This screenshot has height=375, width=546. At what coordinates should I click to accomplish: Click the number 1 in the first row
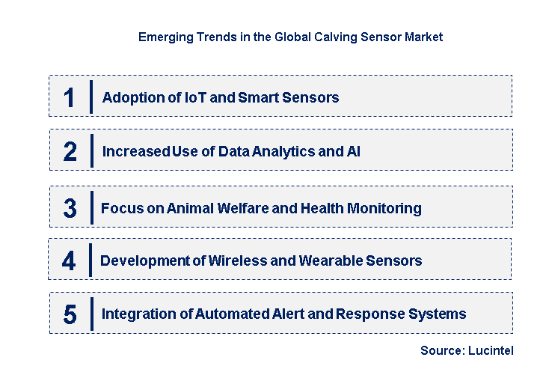pos(69,97)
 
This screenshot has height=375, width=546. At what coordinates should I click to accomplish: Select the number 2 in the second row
pos(70,152)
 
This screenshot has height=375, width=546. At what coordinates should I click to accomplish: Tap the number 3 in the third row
pos(70,208)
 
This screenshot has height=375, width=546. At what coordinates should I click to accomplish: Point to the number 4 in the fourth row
pos(69,260)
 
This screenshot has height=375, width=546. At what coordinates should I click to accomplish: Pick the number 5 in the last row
pos(70,314)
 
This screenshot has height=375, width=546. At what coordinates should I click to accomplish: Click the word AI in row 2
pos(353,151)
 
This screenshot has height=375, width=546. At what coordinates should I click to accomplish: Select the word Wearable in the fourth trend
pos(330,260)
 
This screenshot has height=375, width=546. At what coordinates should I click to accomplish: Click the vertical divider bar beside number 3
pos(91,207)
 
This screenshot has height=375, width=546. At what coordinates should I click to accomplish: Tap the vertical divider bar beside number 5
pos(91,313)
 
